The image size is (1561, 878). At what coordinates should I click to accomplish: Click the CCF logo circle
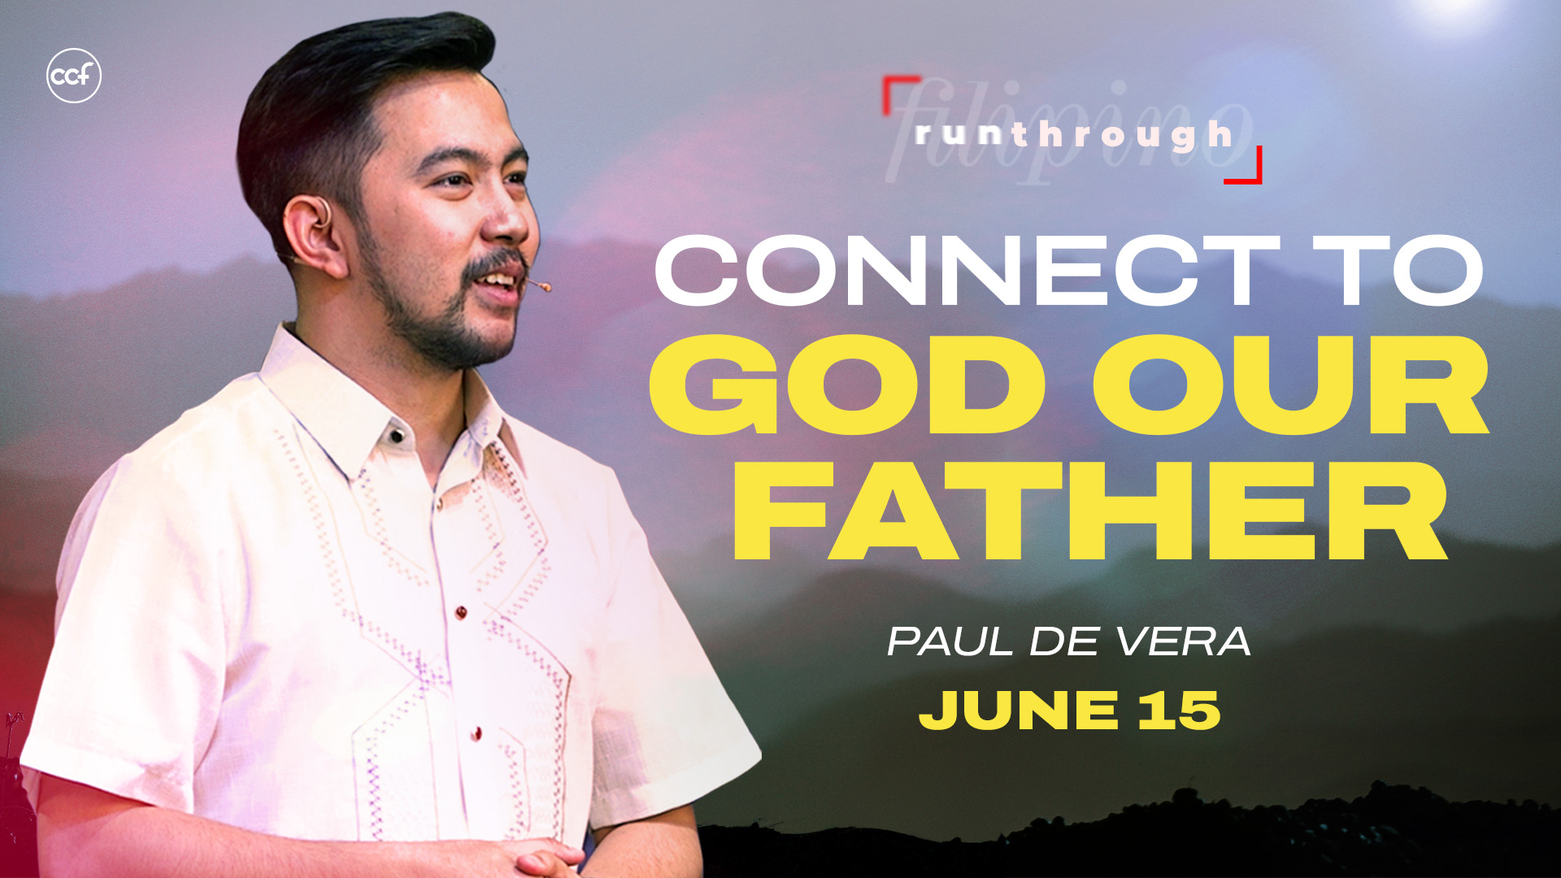coord(74,76)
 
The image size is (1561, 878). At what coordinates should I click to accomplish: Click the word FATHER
coord(1090,511)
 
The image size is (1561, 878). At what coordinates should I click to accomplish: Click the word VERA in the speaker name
coord(1183,641)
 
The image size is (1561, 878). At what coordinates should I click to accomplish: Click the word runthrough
coord(1073,135)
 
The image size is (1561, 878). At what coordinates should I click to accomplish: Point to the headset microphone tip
coord(546,286)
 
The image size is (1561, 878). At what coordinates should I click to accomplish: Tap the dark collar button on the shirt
coord(397,436)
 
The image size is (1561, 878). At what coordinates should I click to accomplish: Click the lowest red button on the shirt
coord(477,733)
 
